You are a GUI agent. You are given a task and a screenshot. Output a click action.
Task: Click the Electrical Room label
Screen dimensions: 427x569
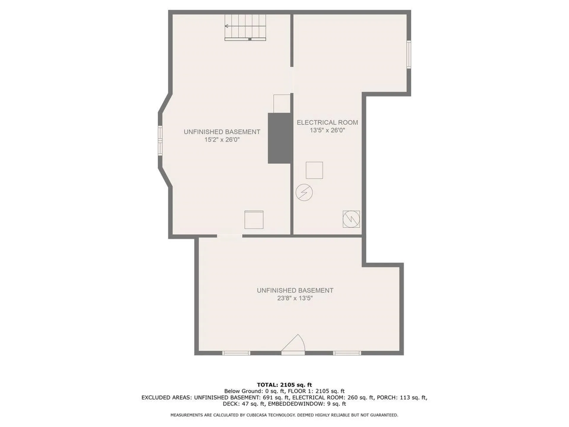click(327, 122)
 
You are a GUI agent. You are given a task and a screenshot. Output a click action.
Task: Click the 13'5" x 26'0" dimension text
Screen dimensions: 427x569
click(327, 130)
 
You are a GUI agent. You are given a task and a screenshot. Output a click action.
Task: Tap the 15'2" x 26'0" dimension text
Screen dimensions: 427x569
click(222, 140)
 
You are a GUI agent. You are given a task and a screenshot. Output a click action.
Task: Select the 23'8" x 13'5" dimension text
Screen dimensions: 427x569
click(295, 298)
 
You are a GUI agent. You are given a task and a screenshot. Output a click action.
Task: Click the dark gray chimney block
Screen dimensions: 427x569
click(279, 138)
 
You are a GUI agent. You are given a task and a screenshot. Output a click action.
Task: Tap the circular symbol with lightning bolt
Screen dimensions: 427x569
click(304, 192)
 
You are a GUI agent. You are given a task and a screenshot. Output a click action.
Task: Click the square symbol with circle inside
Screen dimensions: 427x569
click(351, 219)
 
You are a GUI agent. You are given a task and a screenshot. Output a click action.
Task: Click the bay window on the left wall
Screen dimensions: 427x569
click(160, 141)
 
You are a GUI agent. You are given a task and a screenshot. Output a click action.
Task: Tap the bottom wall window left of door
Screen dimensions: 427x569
click(236, 353)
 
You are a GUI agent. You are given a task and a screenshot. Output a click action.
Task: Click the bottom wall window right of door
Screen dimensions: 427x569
click(347, 353)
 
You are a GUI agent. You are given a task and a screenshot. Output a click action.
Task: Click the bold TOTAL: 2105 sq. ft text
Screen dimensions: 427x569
click(284, 385)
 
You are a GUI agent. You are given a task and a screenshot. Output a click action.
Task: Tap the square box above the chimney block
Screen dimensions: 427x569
click(282, 103)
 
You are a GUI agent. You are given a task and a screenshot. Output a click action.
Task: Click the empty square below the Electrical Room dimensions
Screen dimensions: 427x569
click(314, 170)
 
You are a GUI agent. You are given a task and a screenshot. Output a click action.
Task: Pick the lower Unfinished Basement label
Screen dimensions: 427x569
click(295, 291)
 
